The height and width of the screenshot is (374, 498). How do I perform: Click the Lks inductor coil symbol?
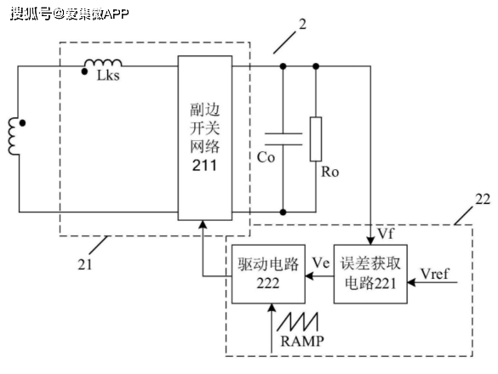[103, 63]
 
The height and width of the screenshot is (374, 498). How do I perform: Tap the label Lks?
[108, 76]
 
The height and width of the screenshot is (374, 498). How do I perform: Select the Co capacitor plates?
[283, 139]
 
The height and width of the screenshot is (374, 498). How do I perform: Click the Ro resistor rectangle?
[316, 139]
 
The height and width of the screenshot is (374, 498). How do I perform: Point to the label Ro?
[330, 172]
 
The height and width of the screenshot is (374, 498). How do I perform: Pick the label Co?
[266, 157]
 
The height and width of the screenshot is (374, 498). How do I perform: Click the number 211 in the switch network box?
[204, 165]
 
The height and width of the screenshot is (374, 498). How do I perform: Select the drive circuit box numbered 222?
[268, 274]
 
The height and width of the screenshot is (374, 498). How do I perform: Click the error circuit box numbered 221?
[370, 274]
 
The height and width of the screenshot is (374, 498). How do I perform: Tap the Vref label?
[435, 274]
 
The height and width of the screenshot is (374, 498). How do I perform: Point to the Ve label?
[321, 263]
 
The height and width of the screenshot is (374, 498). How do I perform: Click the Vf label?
[386, 234]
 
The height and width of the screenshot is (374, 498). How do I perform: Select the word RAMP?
[302, 342]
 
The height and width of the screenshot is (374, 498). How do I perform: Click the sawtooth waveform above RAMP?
[297, 321]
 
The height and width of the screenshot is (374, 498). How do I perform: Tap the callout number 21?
[85, 264]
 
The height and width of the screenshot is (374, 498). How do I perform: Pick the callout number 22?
[483, 199]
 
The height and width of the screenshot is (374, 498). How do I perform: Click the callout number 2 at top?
[302, 24]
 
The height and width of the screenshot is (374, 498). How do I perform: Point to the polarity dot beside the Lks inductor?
[84, 71]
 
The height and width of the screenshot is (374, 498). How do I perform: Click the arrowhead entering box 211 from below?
[203, 224]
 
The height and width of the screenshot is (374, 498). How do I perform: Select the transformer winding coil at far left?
[14, 136]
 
